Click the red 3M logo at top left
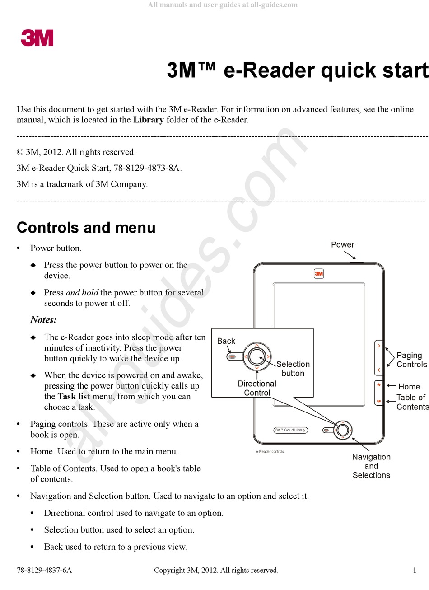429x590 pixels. pyautogui.click(x=37, y=38)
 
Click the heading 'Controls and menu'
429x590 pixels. pyautogui.click(x=86, y=228)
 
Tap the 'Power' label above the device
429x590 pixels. pyautogui.click(x=342, y=244)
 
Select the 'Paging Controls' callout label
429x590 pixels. pyautogui.click(x=411, y=360)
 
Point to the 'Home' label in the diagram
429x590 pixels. pyautogui.click(x=409, y=387)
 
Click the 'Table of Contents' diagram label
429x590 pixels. pyautogui.click(x=412, y=402)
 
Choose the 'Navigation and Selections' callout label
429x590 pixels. pyautogui.click(x=371, y=466)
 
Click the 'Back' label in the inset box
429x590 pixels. pyautogui.click(x=226, y=341)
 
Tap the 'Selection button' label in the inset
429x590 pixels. pyautogui.click(x=293, y=369)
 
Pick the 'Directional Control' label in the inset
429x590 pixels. pyautogui.click(x=257, y=388)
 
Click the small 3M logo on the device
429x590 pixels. pyautogui.click(x=319, y=274)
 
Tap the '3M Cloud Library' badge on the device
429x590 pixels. pyautogui.click(x=291, y=430)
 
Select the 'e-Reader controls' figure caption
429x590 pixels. pyautogui.click(x=270, y=451)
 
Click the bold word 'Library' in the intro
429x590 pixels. pyautogui.click(x=148, y=120)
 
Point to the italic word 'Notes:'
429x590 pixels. pyautogui.click(x=43, y=320)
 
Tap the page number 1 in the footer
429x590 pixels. pyautogui.click(x=415, y=570)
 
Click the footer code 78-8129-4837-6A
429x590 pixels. pyautogui.click(x=44, y=570)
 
